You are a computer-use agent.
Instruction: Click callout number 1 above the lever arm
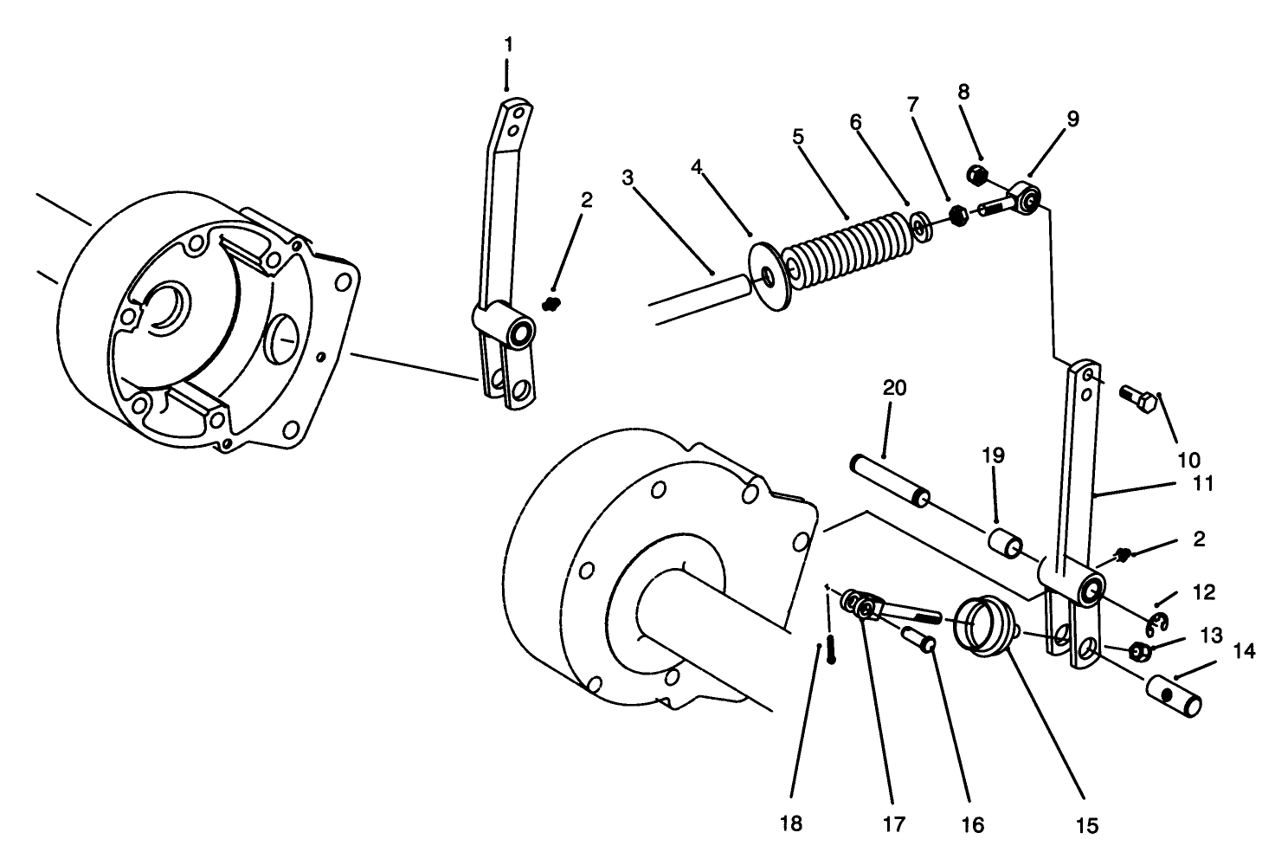(507, 42)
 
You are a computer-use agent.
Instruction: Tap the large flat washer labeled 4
(768, 275)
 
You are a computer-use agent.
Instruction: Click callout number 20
(894, 388)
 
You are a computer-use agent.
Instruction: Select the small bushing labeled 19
(1006, 546)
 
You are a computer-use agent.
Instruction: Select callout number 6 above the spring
(855, 122)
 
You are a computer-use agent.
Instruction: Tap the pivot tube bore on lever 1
(522, 332)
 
